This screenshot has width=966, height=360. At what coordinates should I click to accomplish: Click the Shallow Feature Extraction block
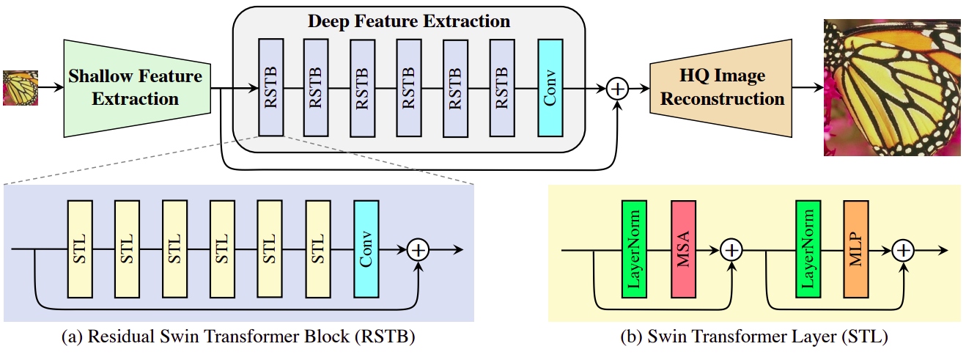(x=136, y=87)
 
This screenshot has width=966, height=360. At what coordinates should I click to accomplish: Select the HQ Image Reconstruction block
(x=722, y=87)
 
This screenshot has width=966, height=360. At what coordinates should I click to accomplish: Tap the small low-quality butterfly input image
(x=20, y=87)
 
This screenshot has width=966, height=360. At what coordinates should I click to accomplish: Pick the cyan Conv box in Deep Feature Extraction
(x=550, y=89)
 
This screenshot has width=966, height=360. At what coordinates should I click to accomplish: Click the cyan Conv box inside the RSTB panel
(x=366, y=249)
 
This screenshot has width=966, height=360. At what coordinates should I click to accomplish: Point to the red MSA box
(x=683, y=249)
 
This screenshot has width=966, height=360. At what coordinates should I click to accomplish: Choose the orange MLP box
(x=855, y=249)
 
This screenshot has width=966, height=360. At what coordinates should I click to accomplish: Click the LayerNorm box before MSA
(x=633, y=249)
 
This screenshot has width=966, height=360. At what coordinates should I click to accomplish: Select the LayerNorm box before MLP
(x=807, y=249)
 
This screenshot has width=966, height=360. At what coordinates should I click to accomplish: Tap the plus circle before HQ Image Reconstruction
(x=619, y=89)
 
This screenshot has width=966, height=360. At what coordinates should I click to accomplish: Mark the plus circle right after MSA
(x=731, y=249)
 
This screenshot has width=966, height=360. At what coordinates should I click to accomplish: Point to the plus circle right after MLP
(x=904, y=249)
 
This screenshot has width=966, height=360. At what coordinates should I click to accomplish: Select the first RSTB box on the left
(x=270, y=89)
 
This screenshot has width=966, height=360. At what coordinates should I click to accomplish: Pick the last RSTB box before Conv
(x=501, y=89)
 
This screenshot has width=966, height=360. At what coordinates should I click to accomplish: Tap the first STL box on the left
(x=78, y=249)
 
